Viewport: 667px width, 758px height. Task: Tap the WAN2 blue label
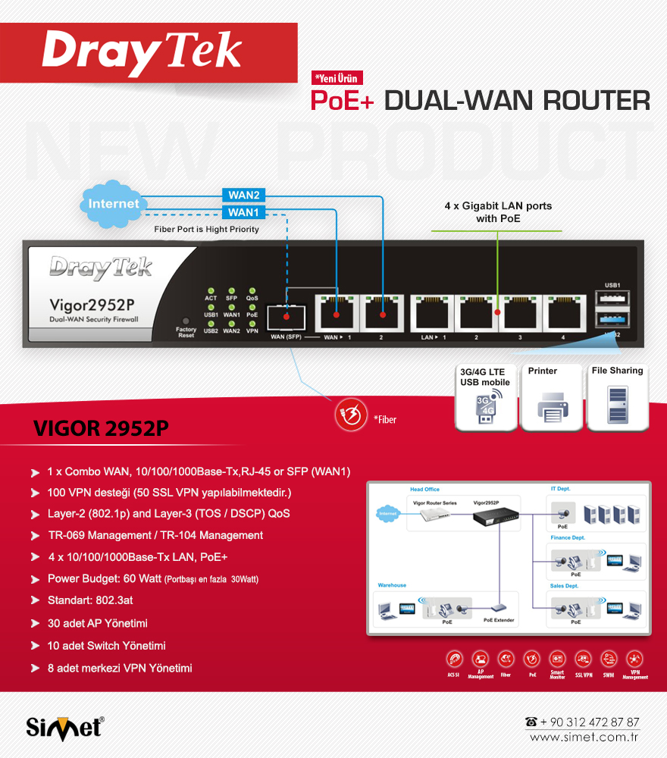pyautogui.click(x=243, y=196)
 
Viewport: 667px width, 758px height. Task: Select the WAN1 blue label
pyautogui.click(x=243, y=212)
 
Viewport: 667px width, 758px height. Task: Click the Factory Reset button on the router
pyautogui.click(x=186, y=321)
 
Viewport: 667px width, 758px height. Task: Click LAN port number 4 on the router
pyautogui.click(x=562, y=311)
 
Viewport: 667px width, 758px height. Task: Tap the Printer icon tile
pyautogui.click(x=553, y=397)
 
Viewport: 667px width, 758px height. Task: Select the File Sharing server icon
pyautogui.click(x=617, y=397)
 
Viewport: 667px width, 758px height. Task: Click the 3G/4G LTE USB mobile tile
pyautogui.click(x=485, y=397)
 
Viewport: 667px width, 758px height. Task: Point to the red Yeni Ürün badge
pyautogui.click(x=337, y=77)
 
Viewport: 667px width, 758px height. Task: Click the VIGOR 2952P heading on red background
pyautogui.click(x=101, y=429)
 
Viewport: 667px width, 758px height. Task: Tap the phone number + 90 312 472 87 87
pyautogui.click(x=590, y=722)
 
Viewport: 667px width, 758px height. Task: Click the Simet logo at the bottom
pyautogui.click(x=65, y=727)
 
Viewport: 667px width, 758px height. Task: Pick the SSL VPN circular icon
pyautogui.click(x=584, y=659)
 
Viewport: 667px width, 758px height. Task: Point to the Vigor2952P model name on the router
pyautogui.click(x=92, y=305)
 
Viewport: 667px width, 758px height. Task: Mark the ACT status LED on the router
pyautogui.click(x=211, y=290)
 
